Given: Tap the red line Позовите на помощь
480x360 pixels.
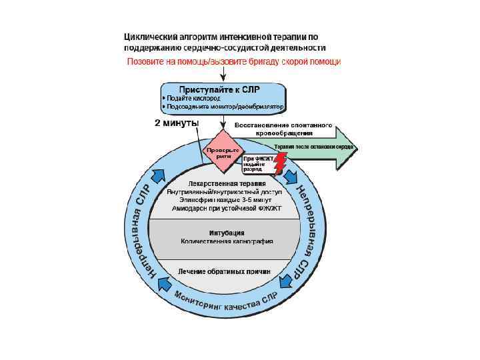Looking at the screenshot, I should click(234, 61).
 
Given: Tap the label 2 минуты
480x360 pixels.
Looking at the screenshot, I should click(177, 123).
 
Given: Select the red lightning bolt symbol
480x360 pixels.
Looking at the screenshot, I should click(279, 163).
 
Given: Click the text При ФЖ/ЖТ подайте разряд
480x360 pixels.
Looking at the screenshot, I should click(256, 164).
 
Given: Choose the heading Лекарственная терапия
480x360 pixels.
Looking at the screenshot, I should click(227, 183).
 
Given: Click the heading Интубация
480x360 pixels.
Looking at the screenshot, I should click(226, 233).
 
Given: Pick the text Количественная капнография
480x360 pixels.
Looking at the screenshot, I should click(225, 241).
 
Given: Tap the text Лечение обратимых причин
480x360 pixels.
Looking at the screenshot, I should click(225, 271).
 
